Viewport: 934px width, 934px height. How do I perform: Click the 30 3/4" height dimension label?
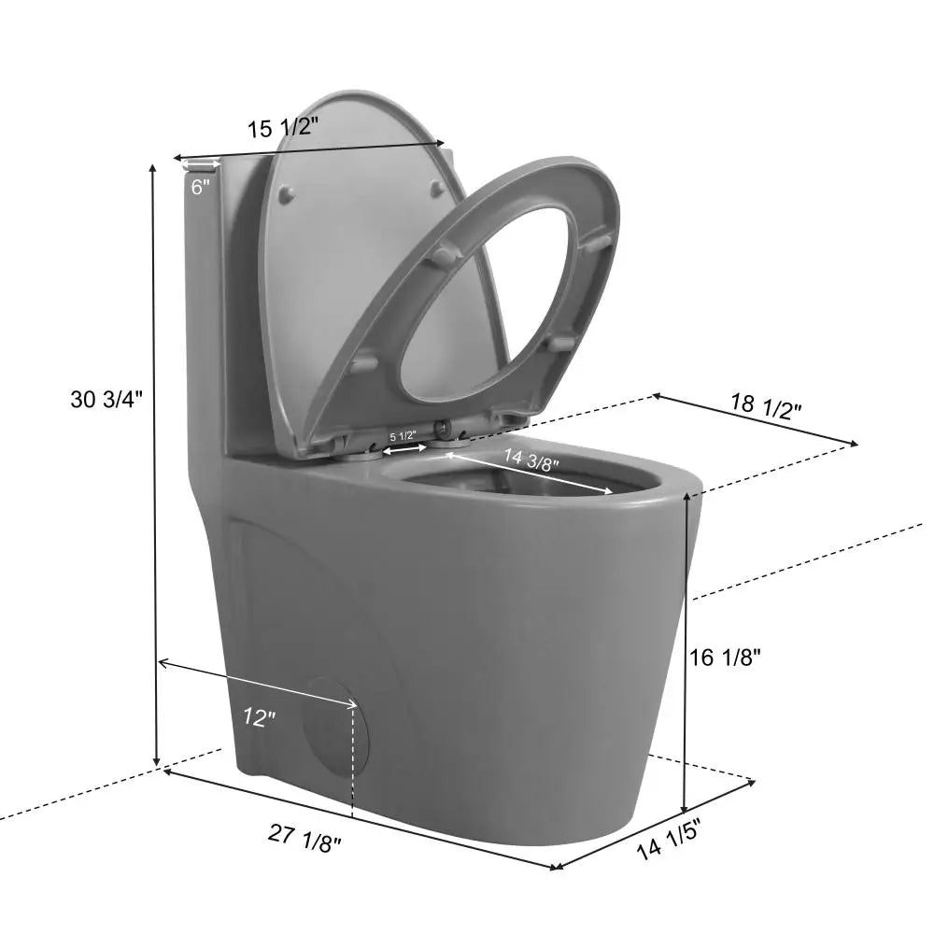(106, 400)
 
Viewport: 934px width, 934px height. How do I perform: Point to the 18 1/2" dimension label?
(765, 406)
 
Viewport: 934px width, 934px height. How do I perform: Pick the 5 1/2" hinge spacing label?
(403, 436)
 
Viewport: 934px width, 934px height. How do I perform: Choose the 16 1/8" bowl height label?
(725, 657)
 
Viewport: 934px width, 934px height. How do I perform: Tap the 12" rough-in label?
(259, 717)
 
